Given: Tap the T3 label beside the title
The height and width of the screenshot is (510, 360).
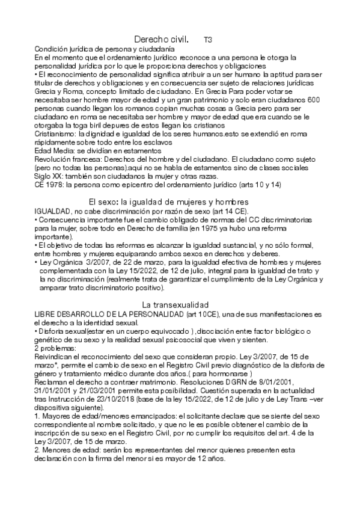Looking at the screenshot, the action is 207,40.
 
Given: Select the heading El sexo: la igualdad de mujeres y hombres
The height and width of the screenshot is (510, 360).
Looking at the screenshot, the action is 169,201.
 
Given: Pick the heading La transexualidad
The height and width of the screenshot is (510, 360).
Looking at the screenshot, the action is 175,305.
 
